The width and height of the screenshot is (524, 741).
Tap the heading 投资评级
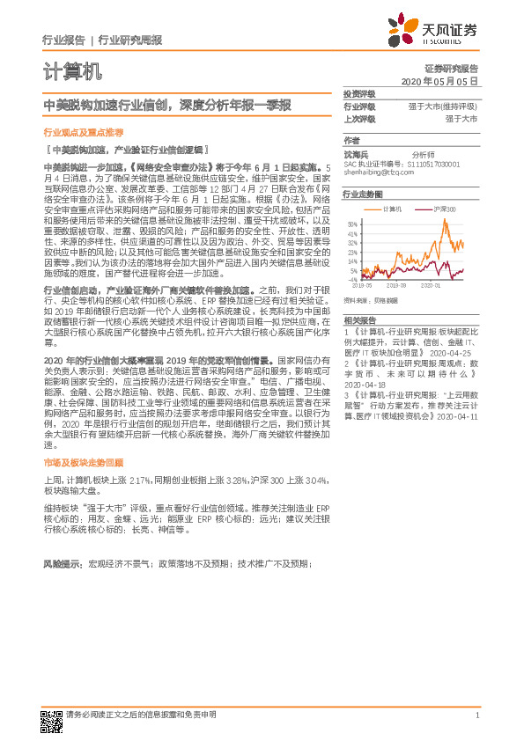click(x=358, y=93)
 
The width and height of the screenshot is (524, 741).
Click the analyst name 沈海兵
click(x=355, y=153)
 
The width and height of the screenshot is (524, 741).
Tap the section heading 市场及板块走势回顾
click(x=84, y=462)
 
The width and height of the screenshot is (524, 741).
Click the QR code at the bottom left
click(x=50, y=718)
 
